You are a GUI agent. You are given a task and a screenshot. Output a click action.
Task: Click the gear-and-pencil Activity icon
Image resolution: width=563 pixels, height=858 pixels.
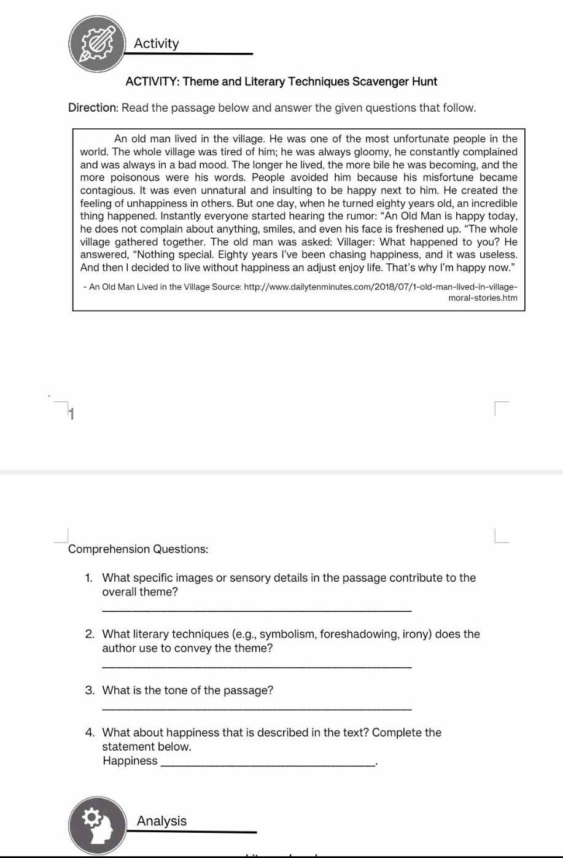click(x=98, y=42)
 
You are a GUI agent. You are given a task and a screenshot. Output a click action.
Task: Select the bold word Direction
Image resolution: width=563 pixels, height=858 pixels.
click(x=92, y=108)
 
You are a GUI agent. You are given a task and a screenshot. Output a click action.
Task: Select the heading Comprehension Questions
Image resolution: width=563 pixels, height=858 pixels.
click(x=138, y=549)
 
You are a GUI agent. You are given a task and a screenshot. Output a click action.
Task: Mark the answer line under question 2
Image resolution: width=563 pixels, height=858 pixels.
click(x=256, y=667)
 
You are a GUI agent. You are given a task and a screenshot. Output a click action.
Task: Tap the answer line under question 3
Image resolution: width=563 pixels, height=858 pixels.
click(x=256, y=709)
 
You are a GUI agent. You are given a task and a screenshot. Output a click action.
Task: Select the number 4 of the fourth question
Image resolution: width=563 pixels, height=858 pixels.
click(x=90, y=733)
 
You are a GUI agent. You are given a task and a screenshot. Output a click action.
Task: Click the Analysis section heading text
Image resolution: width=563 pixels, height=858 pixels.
click(x=161, y=821)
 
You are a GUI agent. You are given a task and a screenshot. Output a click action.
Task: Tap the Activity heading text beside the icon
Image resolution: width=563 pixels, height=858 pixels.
click(x=157, y=44)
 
